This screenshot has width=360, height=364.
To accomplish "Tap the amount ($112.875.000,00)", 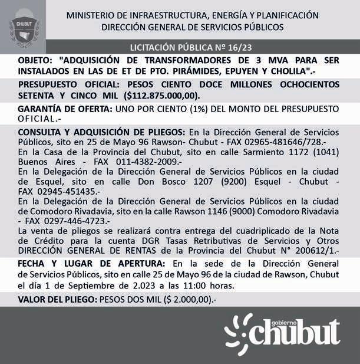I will tap(162, 95).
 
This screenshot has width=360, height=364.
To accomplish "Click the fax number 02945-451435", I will tap(71, 191).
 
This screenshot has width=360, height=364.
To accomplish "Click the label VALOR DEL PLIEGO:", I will tap(57, 300).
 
